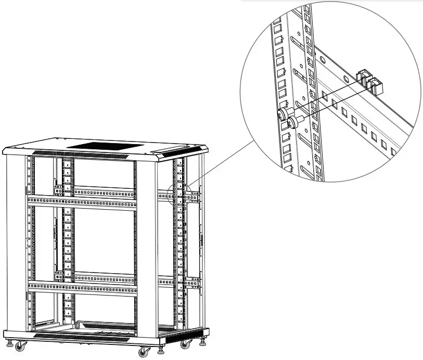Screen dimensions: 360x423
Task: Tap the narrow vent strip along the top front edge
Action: coord(81,154)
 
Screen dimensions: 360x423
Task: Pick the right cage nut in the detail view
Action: coord(375,85)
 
